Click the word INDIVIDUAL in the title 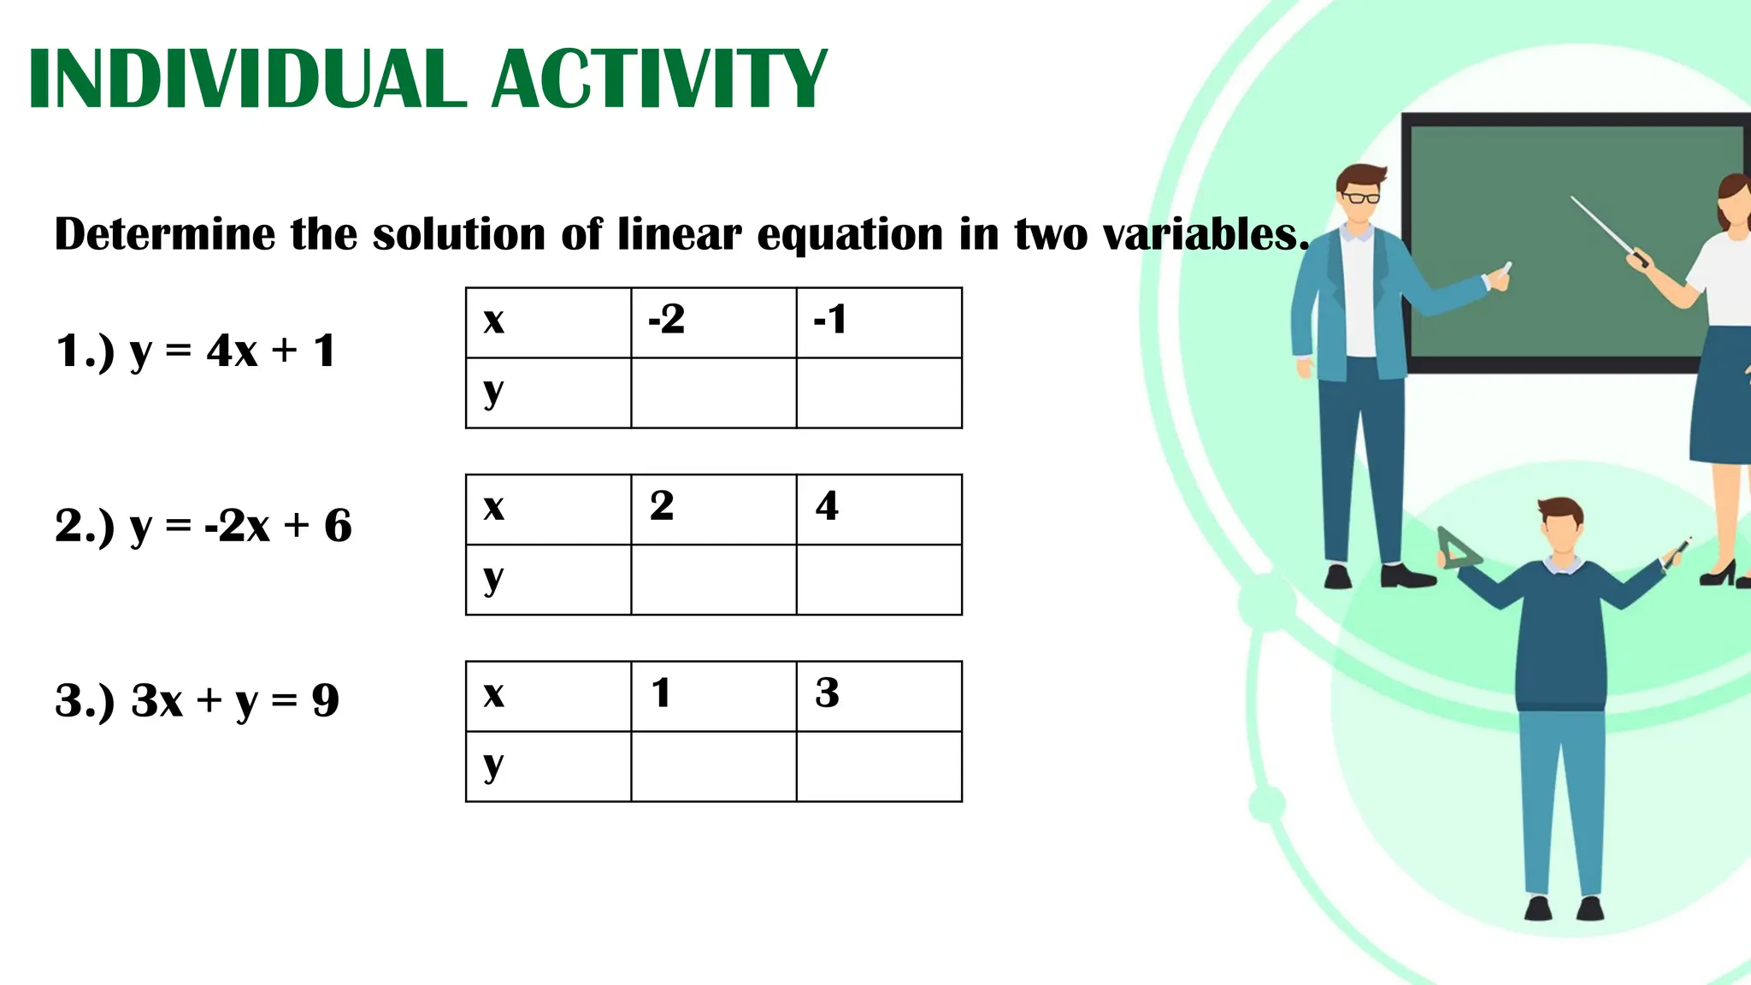coord(248,79)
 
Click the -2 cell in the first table coord(714,323)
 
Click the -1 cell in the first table coord(879,323)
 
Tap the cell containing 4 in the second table coord(879,510)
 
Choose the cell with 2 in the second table coord(714,510)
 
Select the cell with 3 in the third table coord(879,696)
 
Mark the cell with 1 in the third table coord(714,696)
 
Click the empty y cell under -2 coord(714,393)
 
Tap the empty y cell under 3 coord(879,767)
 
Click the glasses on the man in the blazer coord(1360,198)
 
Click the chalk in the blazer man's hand coord(1506,268)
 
